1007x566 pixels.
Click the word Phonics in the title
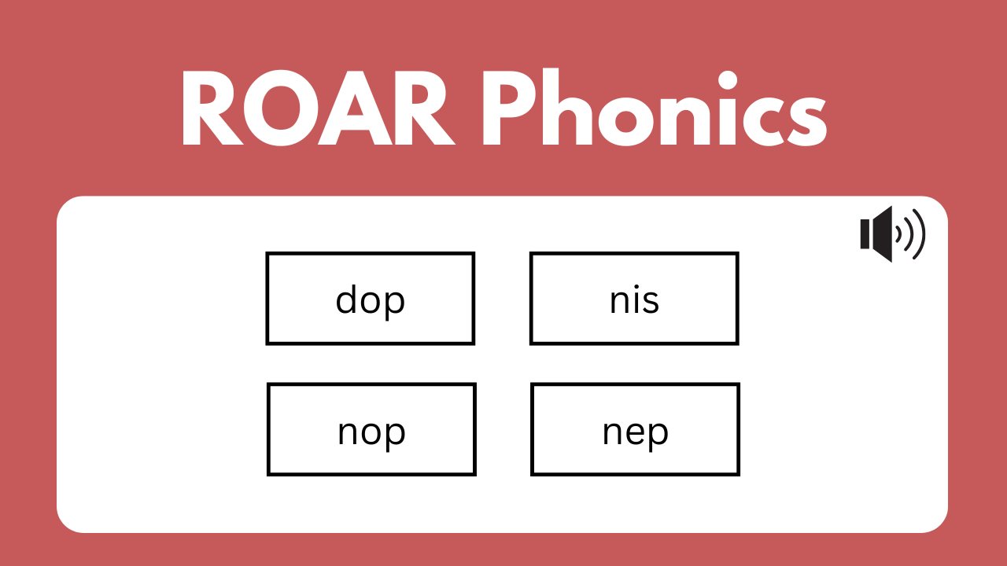655,107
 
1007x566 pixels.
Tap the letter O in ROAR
281,108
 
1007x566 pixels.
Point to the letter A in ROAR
355,108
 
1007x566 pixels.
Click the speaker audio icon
893,234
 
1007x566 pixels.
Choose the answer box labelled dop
371,298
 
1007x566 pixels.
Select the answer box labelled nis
634,298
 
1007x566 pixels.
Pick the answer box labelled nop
371,429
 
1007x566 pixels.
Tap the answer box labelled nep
635,429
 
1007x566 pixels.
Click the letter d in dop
347,299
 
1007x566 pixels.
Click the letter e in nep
636,433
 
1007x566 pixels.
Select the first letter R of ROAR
209,108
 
